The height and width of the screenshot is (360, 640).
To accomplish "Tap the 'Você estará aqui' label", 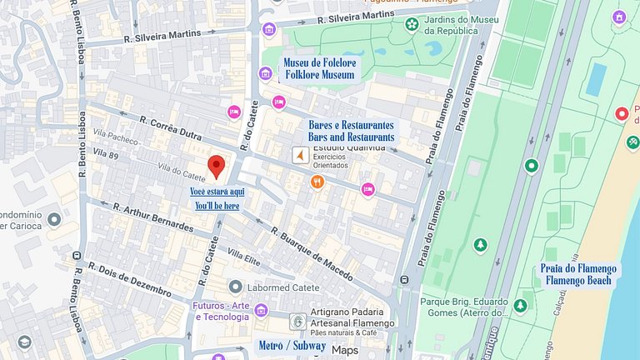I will [217, 191].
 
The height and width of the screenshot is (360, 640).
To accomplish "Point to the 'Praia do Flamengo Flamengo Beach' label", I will [578, 274].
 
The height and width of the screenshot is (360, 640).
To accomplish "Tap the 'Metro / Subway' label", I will [292, 345].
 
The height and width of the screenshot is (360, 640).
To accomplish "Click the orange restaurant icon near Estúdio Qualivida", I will [317, 182].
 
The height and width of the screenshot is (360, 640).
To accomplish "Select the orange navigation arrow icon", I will [298, 156].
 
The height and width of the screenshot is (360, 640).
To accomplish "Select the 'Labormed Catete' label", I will [278, 288].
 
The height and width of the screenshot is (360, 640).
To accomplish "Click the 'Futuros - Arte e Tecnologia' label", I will [221, 310].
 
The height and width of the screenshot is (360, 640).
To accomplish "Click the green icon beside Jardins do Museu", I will [412, 25].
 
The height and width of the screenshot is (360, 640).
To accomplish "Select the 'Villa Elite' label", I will [244, 257].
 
